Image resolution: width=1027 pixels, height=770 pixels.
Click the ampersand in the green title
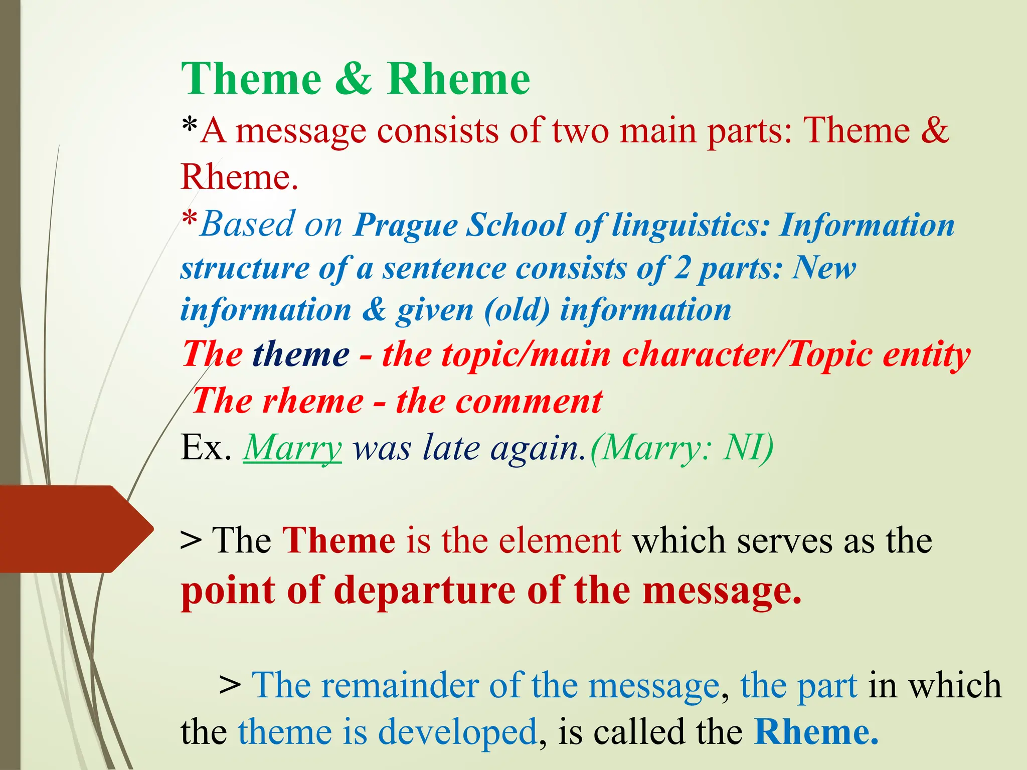coord(354,79)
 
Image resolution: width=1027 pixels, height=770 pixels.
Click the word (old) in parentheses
coord(517,310)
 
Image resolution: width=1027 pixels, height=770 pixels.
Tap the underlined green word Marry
coord(292,447)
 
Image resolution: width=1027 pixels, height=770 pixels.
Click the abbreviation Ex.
coord(206,447)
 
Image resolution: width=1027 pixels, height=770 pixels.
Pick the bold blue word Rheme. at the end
coord(816,732)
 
